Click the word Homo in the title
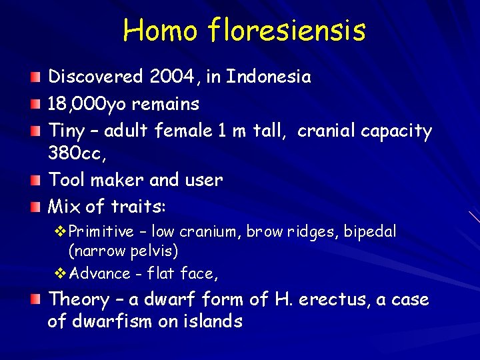[160, 30]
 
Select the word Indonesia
[269, 77]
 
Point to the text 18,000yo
[85, 104]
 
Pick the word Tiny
[68, 131]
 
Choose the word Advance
[100, 273]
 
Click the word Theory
[79, 300]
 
